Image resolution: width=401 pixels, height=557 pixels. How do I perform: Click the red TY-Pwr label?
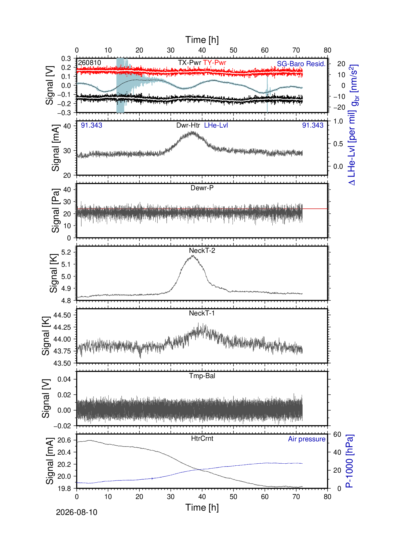pyautogui.click(x=215, y=63)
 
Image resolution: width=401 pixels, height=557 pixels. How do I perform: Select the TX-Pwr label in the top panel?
pyautogui.click(x=190, y=63)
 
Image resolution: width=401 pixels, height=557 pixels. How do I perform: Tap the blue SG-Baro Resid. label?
pyautogui.click(x=301, y=64)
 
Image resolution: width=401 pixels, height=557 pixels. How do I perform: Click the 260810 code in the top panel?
pyautogui.click(x=89, y=63)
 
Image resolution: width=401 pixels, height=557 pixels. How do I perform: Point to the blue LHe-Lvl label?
pyautogui.click(x=216, y=125)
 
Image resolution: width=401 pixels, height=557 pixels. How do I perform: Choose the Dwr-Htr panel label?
pyautogui.click(x=188, y=125)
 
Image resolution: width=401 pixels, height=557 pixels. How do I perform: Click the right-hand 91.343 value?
pyautogui.click(x=313, y=125)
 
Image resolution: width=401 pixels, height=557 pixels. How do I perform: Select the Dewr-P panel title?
pyautogui.click(x=202, y=188)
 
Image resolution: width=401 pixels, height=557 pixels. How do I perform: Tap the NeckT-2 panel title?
pyautogui.click(x=202, y=251)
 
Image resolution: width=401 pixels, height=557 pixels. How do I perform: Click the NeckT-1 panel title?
pyautogui.click(x=202, y=313)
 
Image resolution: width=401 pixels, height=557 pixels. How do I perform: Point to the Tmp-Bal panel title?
pyautogui.click(x=202, y=376)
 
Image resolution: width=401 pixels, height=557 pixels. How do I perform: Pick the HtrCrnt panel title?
pyautogui.click(x=202, y=438)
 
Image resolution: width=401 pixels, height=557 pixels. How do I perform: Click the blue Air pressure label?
pyautogui.click(x=307, y=439)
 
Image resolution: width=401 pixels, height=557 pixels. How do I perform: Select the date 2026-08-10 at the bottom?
pyautogui.click(x=77, y=512)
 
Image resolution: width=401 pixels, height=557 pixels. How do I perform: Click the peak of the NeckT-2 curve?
pyautogui.click(x=193, y=256)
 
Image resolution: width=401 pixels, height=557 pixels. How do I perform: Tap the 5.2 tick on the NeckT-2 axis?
pyautogui.click(x=66, y=252)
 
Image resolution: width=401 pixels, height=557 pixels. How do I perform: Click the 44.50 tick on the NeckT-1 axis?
pyautogui.click(x=62, y=315)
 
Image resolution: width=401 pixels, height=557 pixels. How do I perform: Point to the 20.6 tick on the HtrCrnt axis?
pyautogui.click(x=64, y=440)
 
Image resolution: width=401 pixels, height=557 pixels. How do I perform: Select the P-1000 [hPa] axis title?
pyautogui.click(x=350, y=461)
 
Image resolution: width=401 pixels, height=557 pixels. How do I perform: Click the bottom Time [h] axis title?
pyautogui.click(x=202, y=507)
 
